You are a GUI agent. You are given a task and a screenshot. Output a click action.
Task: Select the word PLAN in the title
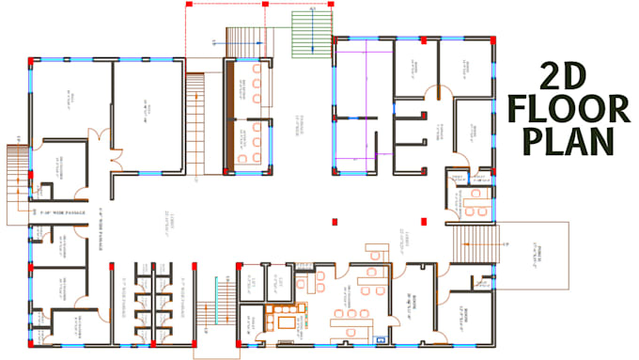pos(562,148)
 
